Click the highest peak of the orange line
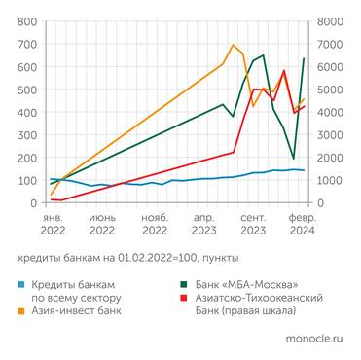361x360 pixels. [x=234, y=45]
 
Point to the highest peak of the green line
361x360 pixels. [x=264, y=55]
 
